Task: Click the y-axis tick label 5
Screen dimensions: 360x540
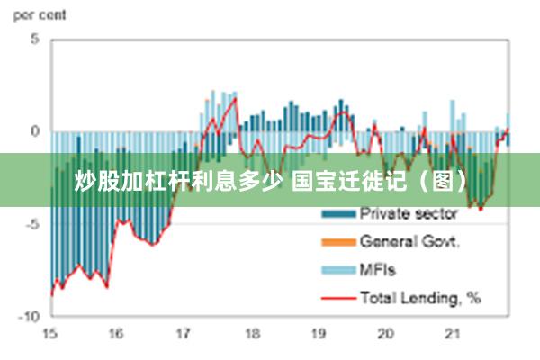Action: pos(35,40)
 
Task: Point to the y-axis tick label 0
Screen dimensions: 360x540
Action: pos(35,131)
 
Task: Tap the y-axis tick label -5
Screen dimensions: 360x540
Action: pos(32,224)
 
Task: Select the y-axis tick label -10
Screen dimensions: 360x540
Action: pos(30,317)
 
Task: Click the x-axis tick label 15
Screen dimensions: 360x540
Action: pos(49,334)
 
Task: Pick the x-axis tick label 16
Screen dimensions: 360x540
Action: pos(116,334)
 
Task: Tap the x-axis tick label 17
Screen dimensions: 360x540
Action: pos(184,334)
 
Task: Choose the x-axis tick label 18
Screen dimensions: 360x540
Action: pos(251,334)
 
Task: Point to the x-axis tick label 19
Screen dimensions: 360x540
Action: pos(319,334)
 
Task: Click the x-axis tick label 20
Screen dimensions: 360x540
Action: pos(385,334)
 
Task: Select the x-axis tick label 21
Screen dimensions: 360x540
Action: pos(453,334)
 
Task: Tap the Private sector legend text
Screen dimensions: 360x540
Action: pos(409,214)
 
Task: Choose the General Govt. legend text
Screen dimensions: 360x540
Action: pos(409,241)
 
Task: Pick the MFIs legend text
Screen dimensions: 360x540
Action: pos(378,269)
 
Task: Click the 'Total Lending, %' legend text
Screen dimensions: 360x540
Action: pos(420,296)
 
